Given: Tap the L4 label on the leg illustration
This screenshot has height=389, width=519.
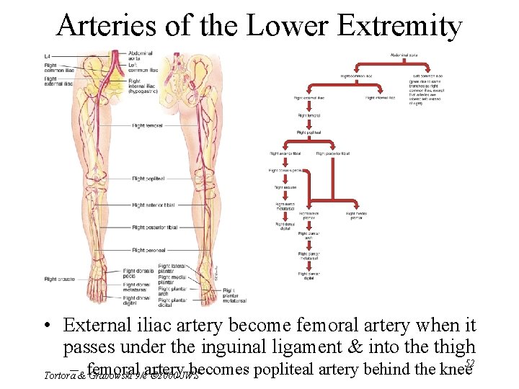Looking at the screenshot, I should coord(48,55).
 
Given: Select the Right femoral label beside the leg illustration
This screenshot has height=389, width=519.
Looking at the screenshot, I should coord(147,125).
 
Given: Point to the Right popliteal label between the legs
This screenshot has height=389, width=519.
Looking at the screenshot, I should coord(149,178).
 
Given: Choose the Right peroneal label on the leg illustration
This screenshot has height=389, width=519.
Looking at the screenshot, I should coord(148,250).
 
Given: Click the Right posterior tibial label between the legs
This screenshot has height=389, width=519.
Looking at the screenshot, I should coord(154,228).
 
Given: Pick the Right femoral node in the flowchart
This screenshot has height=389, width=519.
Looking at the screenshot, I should coord(309,115).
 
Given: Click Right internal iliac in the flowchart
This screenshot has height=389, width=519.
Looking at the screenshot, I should coord(380,97).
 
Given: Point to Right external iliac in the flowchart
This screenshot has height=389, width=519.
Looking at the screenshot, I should coord(309,97).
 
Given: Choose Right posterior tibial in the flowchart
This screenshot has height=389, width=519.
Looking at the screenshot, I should coord(333,153).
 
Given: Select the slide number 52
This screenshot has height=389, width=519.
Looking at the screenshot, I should coord(469,364).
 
